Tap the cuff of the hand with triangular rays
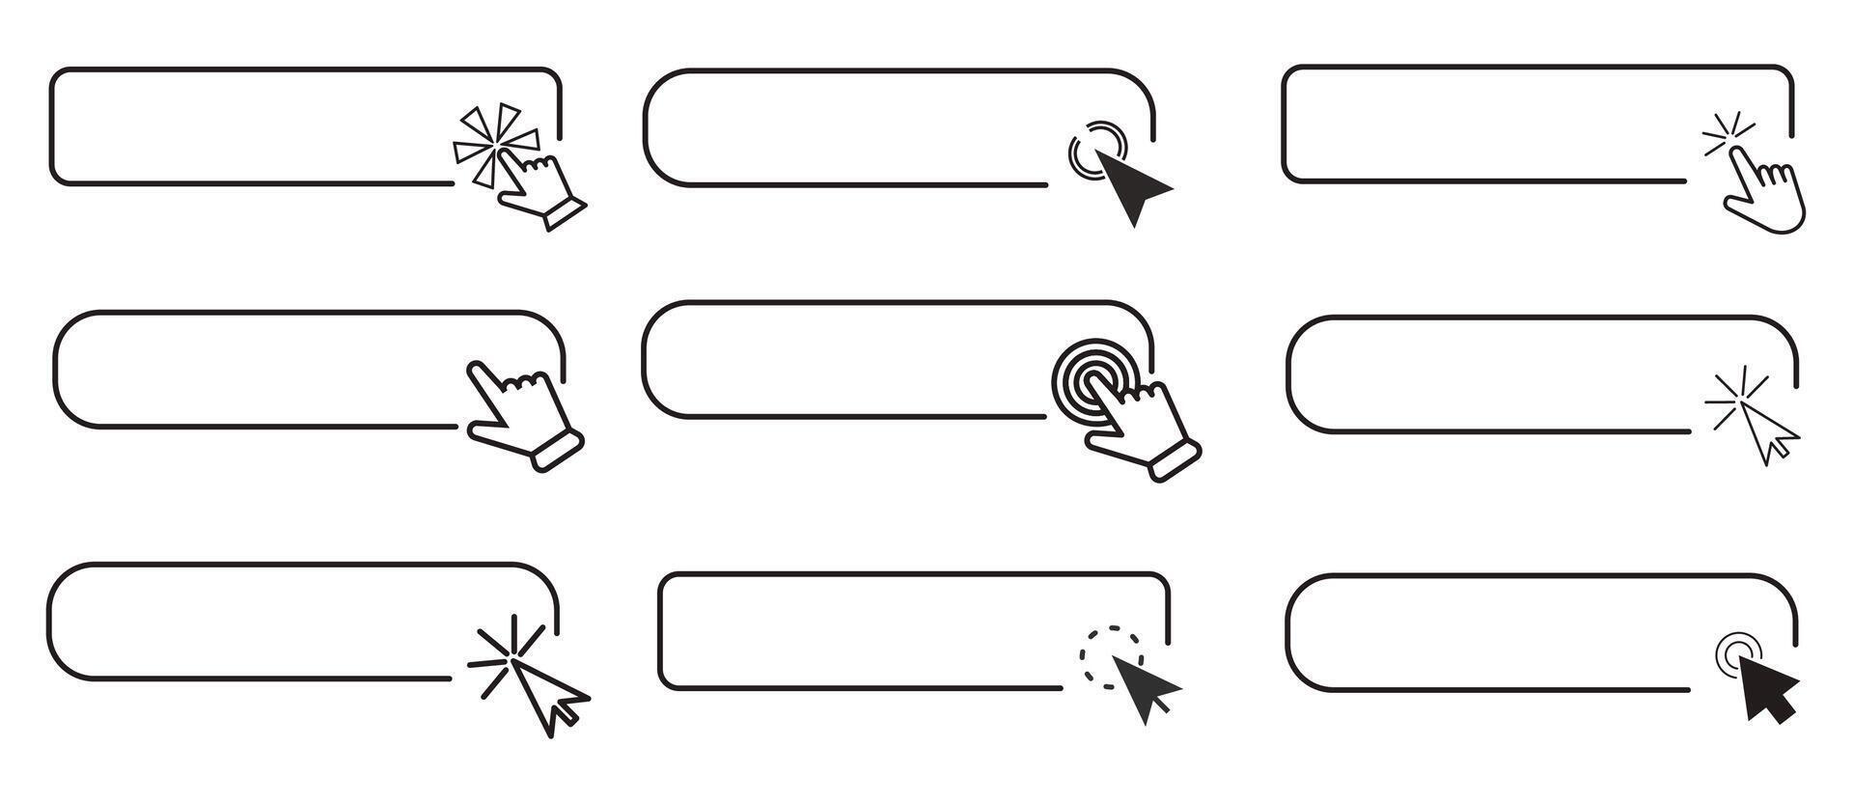pos(565,213)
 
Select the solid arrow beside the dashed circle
pos(1145,686)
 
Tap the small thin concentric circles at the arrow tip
pos(1737,652)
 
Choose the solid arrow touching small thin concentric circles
pos(1770,688)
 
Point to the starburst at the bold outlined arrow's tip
pos(502,653)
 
